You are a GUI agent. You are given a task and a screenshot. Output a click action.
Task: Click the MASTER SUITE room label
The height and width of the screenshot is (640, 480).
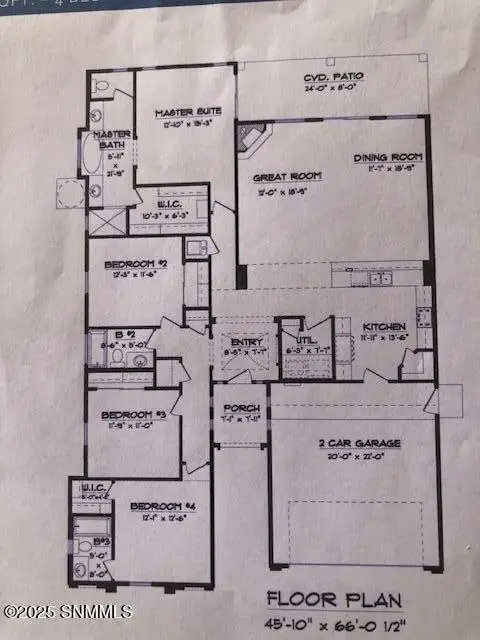[x=180, y=112]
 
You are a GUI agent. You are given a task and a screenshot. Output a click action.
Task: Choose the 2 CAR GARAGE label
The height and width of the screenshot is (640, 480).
[x=355, y=443]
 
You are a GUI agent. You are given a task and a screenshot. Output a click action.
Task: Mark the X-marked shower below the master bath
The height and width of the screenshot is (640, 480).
[x=104, y=222]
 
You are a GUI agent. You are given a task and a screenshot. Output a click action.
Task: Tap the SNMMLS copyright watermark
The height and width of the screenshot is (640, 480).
[x=45, y=610]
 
